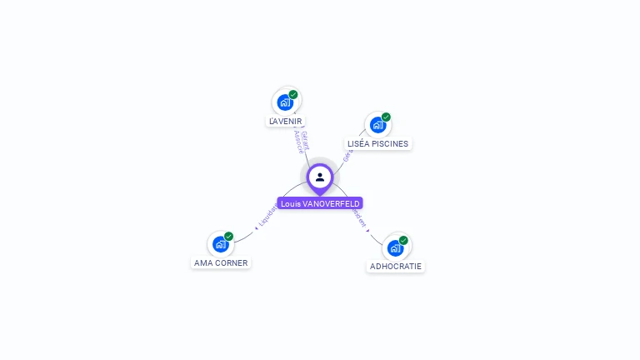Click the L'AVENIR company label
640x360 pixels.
pos(286,121)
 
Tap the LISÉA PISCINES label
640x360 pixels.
pos(378,143)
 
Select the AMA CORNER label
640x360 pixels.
pos(221,262)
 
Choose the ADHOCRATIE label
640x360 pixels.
pos(396,267)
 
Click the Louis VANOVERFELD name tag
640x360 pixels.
pos(320,203)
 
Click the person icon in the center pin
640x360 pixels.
pos(320,177)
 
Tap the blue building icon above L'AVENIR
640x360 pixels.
pos(285,102)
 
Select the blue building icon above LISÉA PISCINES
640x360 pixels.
pos(377,125)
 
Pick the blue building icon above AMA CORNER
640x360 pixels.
pos(220,244)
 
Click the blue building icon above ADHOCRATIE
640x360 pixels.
pos(395,247)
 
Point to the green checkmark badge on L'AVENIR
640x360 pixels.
pos(293,94)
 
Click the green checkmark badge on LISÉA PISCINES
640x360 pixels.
pos(386,117)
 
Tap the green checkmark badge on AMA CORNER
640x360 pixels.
pos(228,236)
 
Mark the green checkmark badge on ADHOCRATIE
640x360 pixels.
pos(403,240)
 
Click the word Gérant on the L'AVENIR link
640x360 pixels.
pos(306,139)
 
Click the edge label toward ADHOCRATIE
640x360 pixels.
pos(360,218)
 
